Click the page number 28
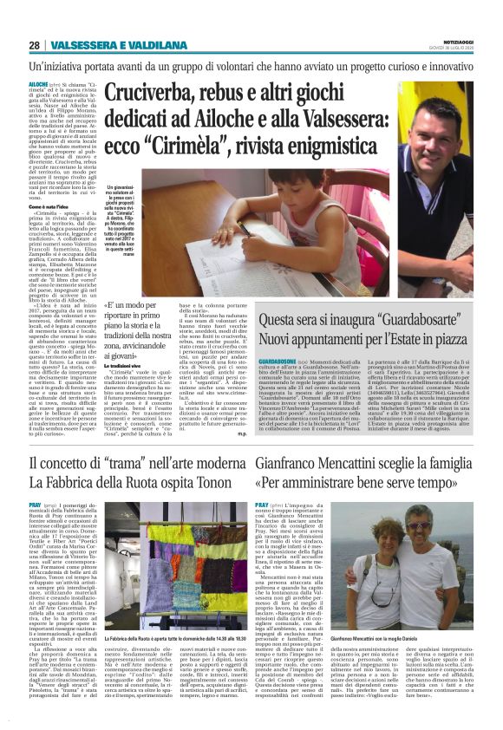34,45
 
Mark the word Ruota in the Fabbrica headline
143,487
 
